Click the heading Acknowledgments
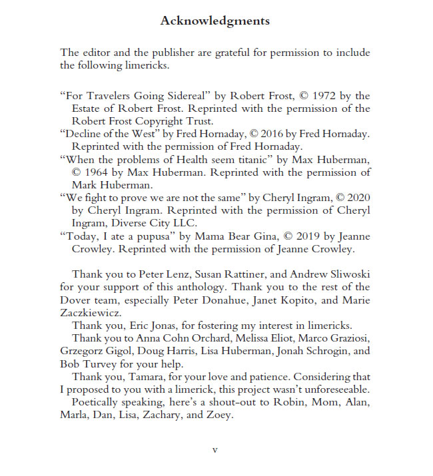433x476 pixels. pos(215,21)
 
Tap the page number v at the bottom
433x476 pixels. pos(215,449)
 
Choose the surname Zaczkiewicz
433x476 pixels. pos(91,312)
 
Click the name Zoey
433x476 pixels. pos(220,415)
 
